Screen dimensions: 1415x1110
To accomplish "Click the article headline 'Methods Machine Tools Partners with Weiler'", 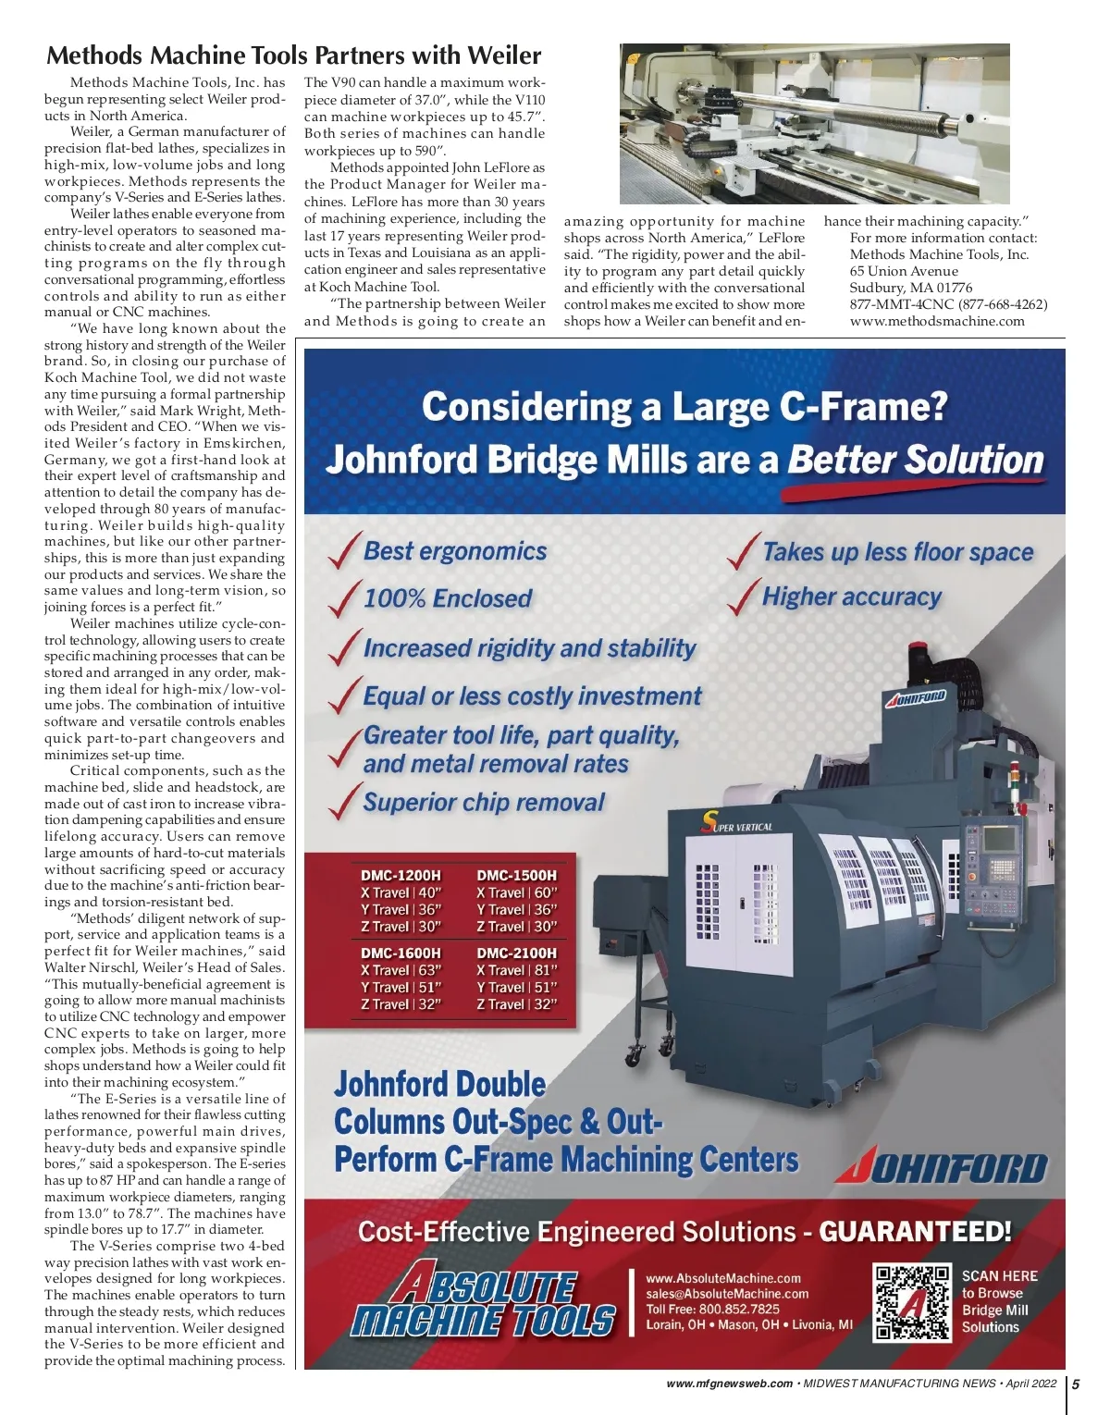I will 294,55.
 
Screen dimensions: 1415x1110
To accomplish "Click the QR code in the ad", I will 912,1302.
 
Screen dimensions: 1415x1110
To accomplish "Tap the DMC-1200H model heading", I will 401,875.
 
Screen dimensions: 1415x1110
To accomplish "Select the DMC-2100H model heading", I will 516,953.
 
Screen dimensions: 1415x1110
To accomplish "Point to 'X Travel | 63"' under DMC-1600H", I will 401,970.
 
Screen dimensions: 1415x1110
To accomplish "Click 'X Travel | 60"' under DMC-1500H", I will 516,892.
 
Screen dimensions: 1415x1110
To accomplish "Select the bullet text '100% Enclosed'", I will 448,598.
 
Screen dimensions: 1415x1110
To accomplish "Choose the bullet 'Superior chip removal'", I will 484,802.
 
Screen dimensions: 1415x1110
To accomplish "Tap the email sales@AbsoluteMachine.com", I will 727,1294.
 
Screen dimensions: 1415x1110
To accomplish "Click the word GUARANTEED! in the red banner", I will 915,1232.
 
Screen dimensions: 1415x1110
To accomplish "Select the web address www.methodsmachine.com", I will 937,321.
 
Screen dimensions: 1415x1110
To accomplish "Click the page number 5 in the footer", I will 1076,1384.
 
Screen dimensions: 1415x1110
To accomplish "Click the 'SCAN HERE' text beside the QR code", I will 999,1276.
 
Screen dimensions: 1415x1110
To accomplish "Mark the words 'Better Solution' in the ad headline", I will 915,460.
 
